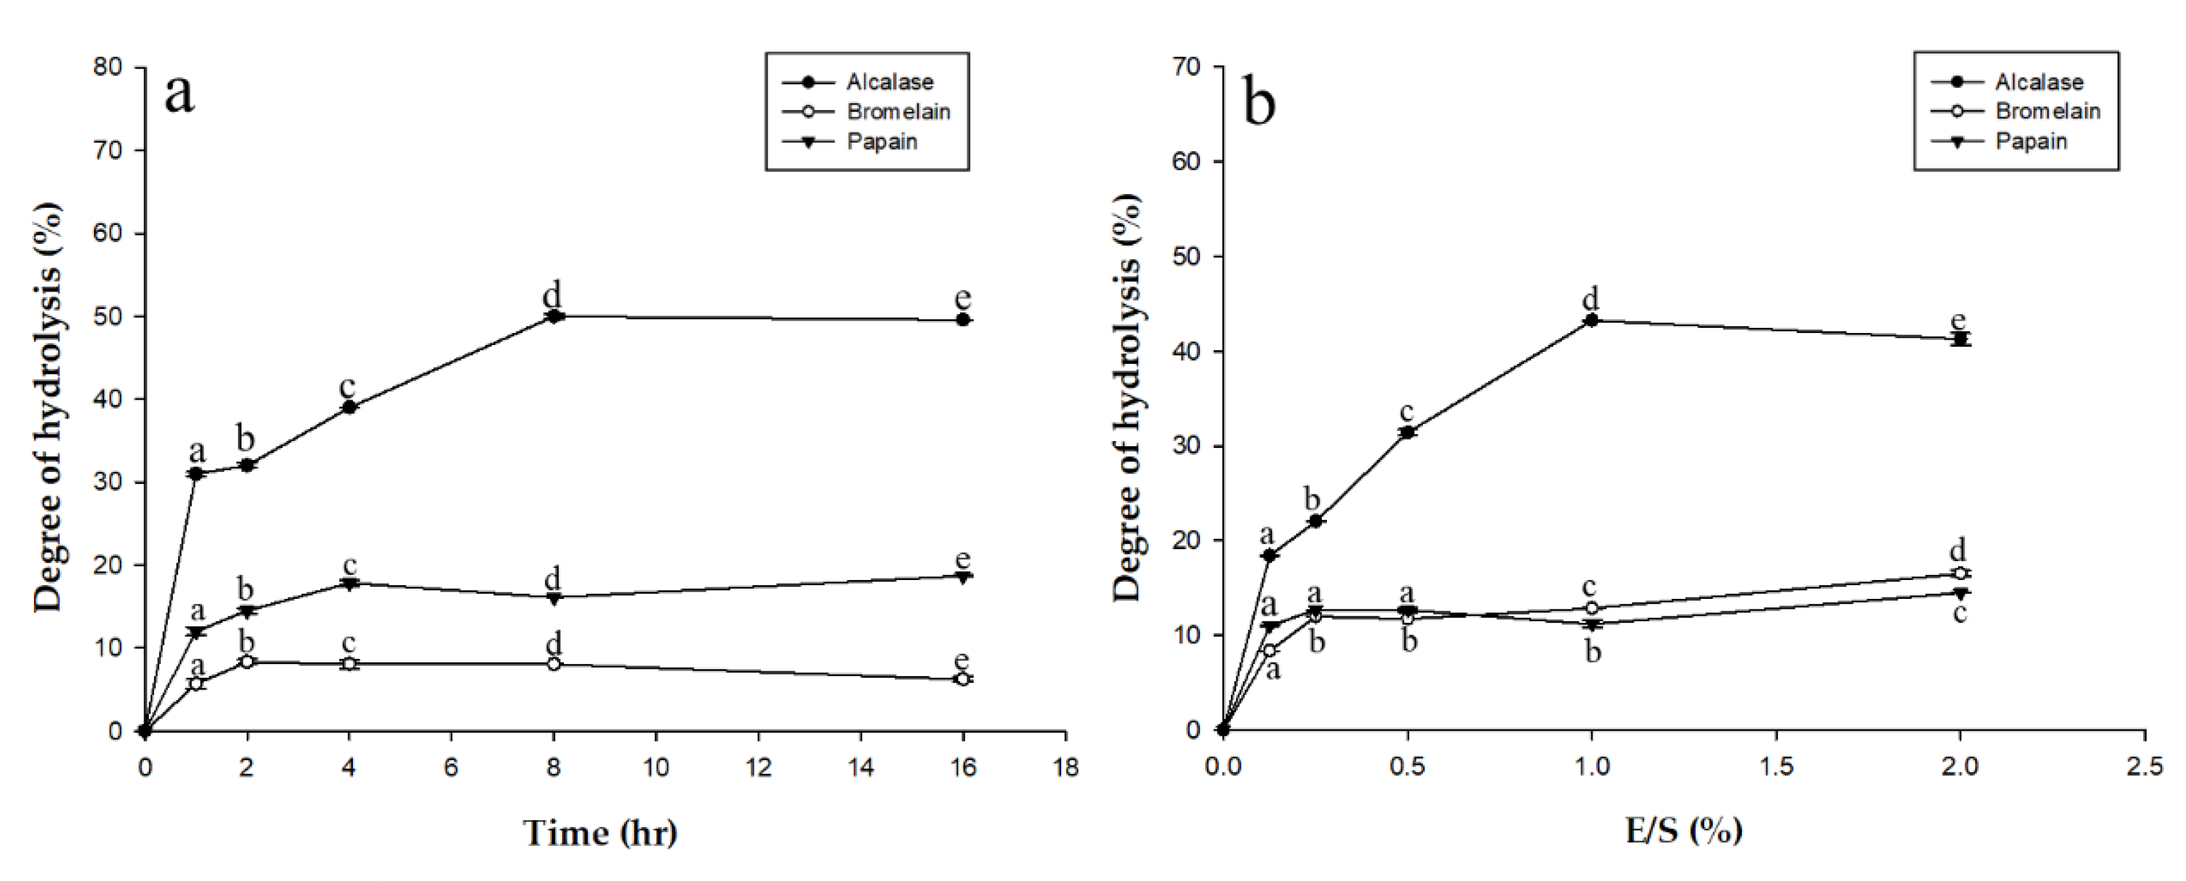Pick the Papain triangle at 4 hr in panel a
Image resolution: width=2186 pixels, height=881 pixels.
(x=349, y=584)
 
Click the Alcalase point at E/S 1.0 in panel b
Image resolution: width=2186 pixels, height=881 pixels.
(x=1591, y=320)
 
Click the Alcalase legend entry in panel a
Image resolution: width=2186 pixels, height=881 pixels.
(x=889, y=82)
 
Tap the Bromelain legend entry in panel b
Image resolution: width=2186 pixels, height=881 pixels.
(x=2047, y=111)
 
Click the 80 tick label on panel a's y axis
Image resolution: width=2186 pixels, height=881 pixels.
(x=108, y=67)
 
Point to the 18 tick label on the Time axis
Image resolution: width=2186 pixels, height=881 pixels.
(x=1066, y=768)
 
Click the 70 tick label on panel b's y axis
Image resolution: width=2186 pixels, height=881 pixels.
(x=1186, y=67)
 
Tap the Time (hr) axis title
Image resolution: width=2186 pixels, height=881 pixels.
(x=600, y=833)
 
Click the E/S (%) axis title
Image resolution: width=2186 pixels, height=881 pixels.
(x=1684, y=830)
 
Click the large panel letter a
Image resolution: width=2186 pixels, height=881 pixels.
(x=179, y=94)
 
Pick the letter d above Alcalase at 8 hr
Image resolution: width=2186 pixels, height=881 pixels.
(x=553, y=295)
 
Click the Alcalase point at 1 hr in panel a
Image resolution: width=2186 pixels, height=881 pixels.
(x=196, y=474)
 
